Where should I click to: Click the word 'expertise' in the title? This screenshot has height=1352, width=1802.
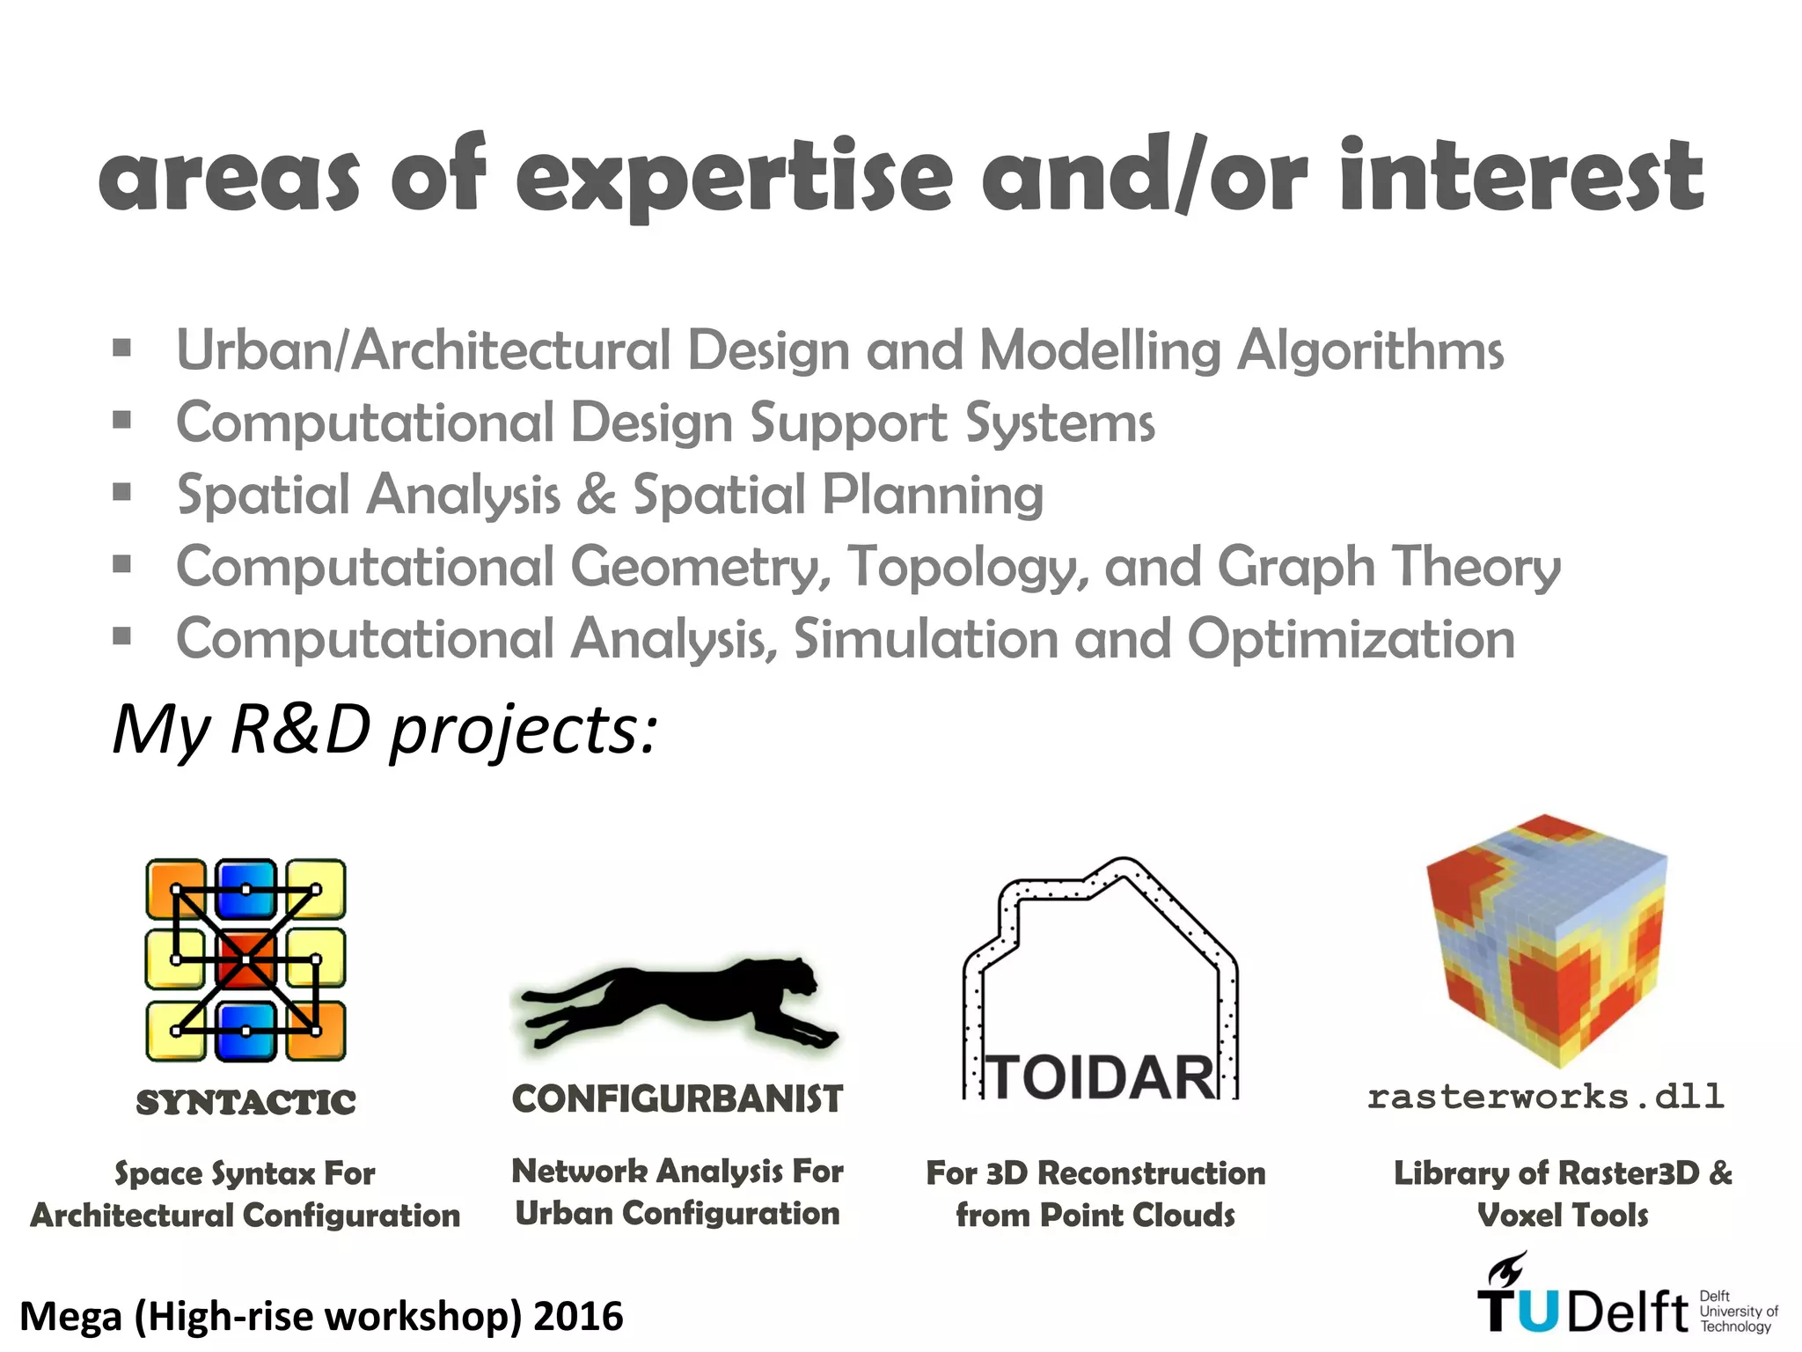[x=733, y=176]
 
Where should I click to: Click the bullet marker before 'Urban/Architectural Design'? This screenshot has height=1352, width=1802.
[x=122, y=349]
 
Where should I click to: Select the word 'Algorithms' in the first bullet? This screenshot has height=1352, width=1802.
[x=1370, y=350]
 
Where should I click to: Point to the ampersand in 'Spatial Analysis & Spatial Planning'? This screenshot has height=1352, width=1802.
[x=597, y=494]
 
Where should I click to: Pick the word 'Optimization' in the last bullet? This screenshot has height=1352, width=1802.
[x=1351, y=638]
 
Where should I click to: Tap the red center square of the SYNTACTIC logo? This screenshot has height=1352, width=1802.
[x=245, y=959]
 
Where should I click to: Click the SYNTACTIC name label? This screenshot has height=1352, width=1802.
[x=245, y=1102]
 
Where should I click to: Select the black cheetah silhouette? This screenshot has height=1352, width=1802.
[x=678, y=1003]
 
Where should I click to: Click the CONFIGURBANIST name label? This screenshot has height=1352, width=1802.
[x=678, y=1099]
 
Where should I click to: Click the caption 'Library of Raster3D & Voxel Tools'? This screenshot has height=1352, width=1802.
[x=1563, y=1194]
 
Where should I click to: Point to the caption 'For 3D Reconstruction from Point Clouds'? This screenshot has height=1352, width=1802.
[x=1095, y=1194]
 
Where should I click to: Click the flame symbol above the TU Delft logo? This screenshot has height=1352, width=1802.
[x=1506, y=1269]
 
